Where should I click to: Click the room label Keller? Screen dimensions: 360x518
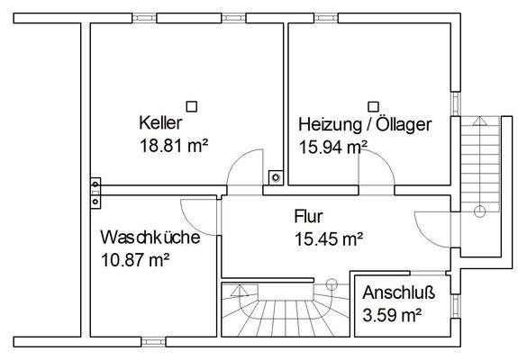161,121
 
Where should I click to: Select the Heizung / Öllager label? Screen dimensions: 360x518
365,123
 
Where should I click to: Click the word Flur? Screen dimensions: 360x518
307,217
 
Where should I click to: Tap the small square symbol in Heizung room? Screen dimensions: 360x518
373,105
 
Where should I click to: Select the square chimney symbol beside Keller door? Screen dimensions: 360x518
276,176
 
